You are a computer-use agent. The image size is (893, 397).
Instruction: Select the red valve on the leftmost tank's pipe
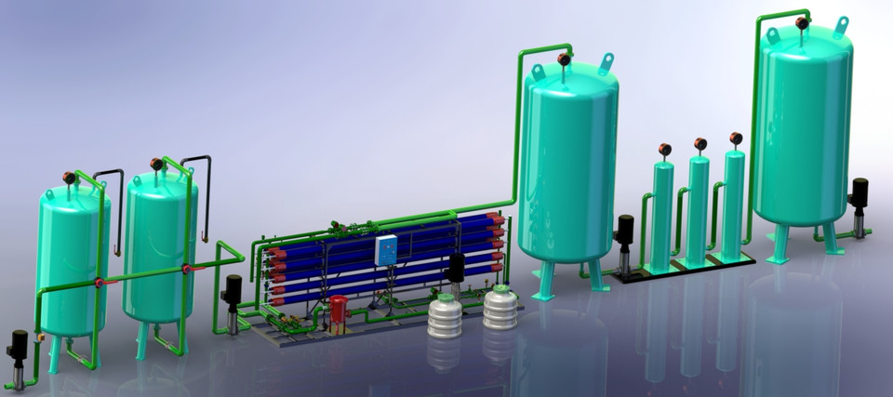coord(99,283)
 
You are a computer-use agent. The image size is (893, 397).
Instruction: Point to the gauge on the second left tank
coord(156,165)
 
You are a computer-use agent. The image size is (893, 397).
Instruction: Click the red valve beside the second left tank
coord(187,270)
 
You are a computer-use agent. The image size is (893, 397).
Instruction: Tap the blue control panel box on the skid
coord(385,248)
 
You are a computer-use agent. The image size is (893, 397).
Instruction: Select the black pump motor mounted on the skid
coord(457,269)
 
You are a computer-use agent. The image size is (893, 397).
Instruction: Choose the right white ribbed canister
coord(500,308)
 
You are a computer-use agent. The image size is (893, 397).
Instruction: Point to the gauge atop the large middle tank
coord(564,60)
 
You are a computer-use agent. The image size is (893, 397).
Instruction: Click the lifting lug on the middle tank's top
coord(606,62)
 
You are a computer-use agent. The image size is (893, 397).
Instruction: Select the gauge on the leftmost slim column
coord(664,149)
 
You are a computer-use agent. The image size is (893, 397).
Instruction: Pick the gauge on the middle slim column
coord(700,143)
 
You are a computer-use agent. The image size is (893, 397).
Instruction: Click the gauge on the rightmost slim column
coord(736,138)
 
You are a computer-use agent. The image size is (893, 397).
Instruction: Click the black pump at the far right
coord(859,205)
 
